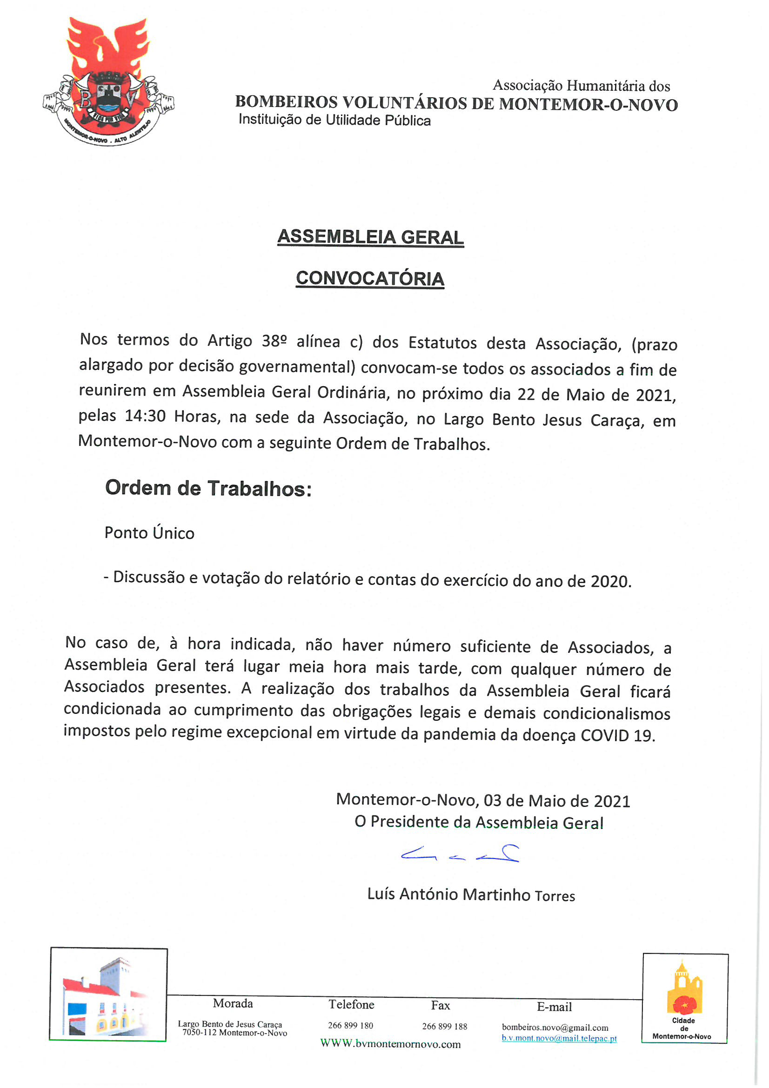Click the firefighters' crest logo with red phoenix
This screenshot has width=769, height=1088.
[x=108, y=81]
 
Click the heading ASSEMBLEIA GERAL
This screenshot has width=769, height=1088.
[x=370, y=237]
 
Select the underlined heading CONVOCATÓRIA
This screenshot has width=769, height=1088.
[x=370, y=279]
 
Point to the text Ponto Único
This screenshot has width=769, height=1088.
[x=149, y=533]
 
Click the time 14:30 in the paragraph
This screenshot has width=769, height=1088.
[x=145, y=416]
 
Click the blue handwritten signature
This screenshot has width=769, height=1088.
[x=460, y=854]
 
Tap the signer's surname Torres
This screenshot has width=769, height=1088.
[x=555, y=896]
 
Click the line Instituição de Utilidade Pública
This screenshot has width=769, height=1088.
[x=334, y=120]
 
